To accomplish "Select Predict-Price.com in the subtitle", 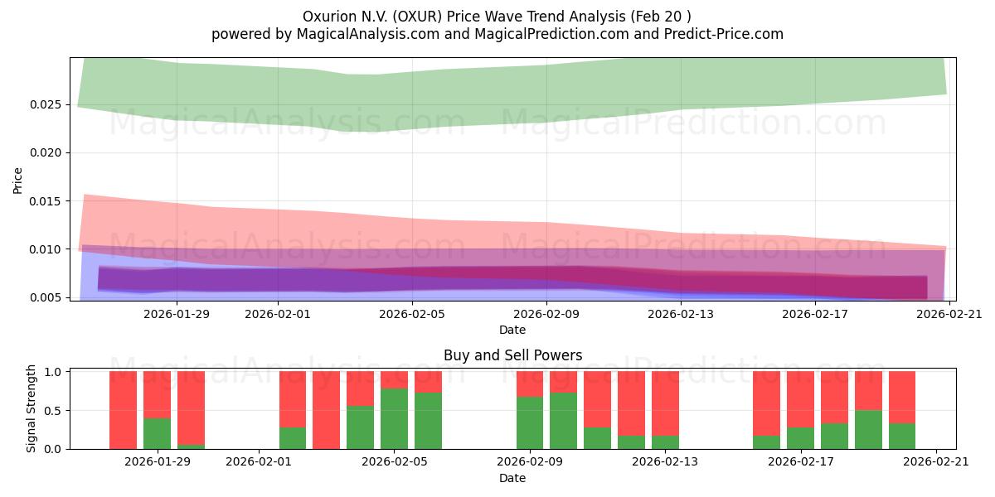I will [717, 34].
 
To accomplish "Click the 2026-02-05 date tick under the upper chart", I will [412, 314].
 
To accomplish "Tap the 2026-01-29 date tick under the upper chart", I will [177, 314].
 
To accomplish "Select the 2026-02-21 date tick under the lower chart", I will [936, 462].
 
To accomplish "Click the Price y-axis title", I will [17, 179].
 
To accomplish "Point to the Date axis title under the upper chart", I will [512, 330].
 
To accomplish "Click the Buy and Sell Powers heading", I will [512, 355].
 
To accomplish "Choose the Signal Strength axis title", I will [31, 408].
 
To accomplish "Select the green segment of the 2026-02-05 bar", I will [394, 418].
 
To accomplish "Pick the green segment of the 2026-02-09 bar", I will [530, 422].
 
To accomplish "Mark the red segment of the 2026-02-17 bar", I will [800, 399].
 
